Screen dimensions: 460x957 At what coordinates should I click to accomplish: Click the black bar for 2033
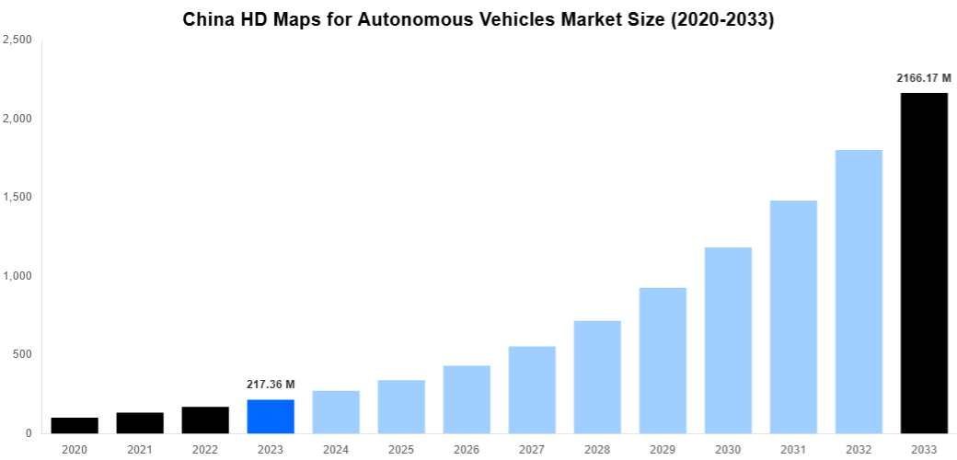click(924, 263)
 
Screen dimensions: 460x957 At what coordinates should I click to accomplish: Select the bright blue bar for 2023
click(271, 416)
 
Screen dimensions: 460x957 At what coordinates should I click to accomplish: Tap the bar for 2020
click(75, 425)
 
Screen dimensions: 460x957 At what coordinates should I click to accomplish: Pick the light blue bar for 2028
click(597, 376)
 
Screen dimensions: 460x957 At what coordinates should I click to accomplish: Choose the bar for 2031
click(793, 316)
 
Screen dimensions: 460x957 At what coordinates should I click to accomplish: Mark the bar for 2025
click(401, 406)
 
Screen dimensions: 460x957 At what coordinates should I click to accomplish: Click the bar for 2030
click(728, 339)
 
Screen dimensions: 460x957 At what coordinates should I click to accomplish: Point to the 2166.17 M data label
click(924, 78)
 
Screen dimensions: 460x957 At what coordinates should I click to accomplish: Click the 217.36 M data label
click(271, 384)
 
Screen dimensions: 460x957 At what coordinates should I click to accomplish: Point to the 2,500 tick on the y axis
click(18, 40)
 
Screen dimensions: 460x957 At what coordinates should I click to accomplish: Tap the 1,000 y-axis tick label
click(18, 276)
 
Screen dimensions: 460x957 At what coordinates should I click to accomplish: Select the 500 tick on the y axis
click(23, 354)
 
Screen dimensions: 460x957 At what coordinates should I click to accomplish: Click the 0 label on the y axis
click(29, 433)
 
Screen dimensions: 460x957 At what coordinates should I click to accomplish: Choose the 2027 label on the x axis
click(532, 449)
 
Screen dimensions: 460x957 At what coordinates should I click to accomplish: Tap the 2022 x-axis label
click(205, 449)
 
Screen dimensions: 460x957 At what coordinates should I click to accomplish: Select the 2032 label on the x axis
click(859, 449)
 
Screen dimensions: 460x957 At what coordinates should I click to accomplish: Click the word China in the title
click(208, 19)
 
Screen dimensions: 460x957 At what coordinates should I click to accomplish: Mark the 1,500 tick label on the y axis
click(18, 197)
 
